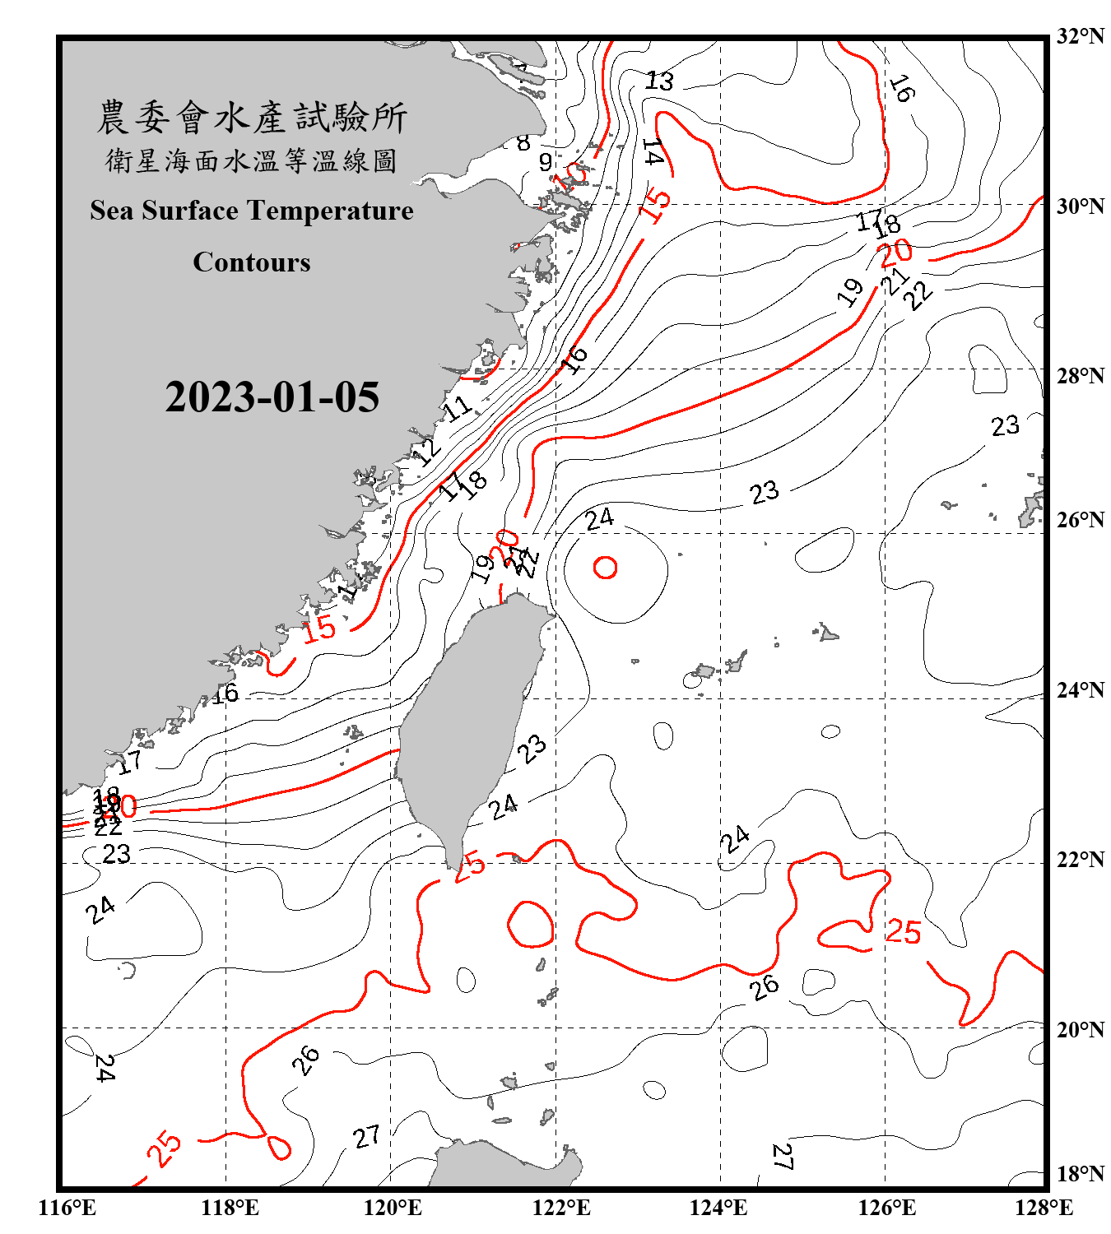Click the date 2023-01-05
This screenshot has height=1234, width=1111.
[272, 397]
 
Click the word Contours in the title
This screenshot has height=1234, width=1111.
[252, 262]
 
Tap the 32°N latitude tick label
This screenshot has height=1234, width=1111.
[1080, 36]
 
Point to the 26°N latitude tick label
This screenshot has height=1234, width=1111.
[1080, 520]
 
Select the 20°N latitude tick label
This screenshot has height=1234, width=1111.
[1080, 1029]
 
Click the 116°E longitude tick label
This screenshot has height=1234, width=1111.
[67, 1208]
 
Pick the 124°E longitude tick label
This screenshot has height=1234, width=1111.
[718, 1208]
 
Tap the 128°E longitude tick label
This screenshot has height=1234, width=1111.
[1044, 1208]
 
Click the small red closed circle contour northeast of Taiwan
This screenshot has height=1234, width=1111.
[606, 568]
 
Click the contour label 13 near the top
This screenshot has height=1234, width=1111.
[659, 81]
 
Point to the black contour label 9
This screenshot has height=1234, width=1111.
[545, 162]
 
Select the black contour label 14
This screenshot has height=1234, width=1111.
[653, 152]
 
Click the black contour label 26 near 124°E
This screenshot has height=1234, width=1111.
[765, 986]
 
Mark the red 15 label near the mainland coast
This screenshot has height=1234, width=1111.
[319, 629]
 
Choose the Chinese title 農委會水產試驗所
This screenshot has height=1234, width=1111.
[252, 118]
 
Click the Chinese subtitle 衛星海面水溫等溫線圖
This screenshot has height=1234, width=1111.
[252, 161]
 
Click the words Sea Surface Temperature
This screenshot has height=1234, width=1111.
[252, 211]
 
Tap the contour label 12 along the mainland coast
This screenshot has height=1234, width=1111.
[426, 452]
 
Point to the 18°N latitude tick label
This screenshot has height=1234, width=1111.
[1080, 1174]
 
